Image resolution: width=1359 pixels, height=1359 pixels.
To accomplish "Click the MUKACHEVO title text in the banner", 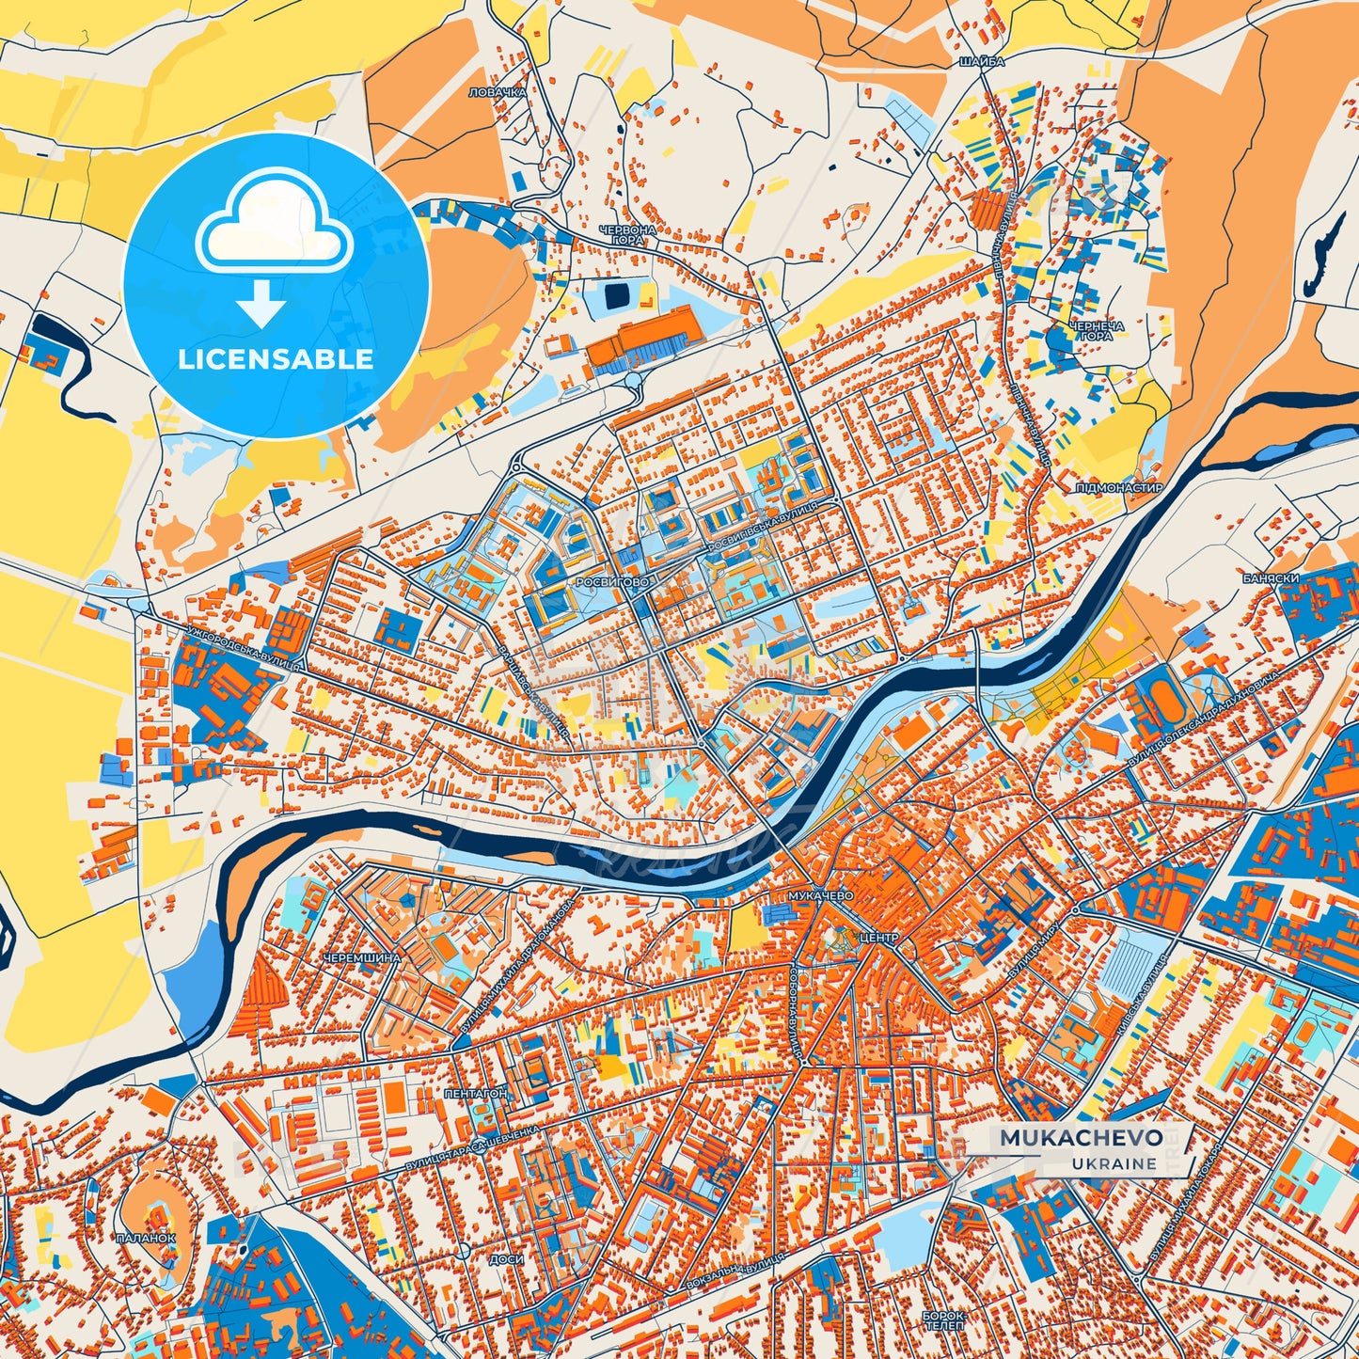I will click(1081, 1138).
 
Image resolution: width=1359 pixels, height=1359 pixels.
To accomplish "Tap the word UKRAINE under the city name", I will click(1113, 1163).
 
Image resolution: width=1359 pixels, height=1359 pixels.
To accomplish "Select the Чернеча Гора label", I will click(1096, 330).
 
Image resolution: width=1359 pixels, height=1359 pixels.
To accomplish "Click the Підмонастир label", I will click(1119, 488).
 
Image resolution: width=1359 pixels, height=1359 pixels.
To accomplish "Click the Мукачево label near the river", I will click(821, 896).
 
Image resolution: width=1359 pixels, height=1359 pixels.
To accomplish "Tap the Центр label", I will click(879, 938).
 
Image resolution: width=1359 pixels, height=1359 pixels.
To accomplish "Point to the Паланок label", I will click(146, 1238).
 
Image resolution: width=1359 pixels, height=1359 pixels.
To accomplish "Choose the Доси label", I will click(500, 1258).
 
